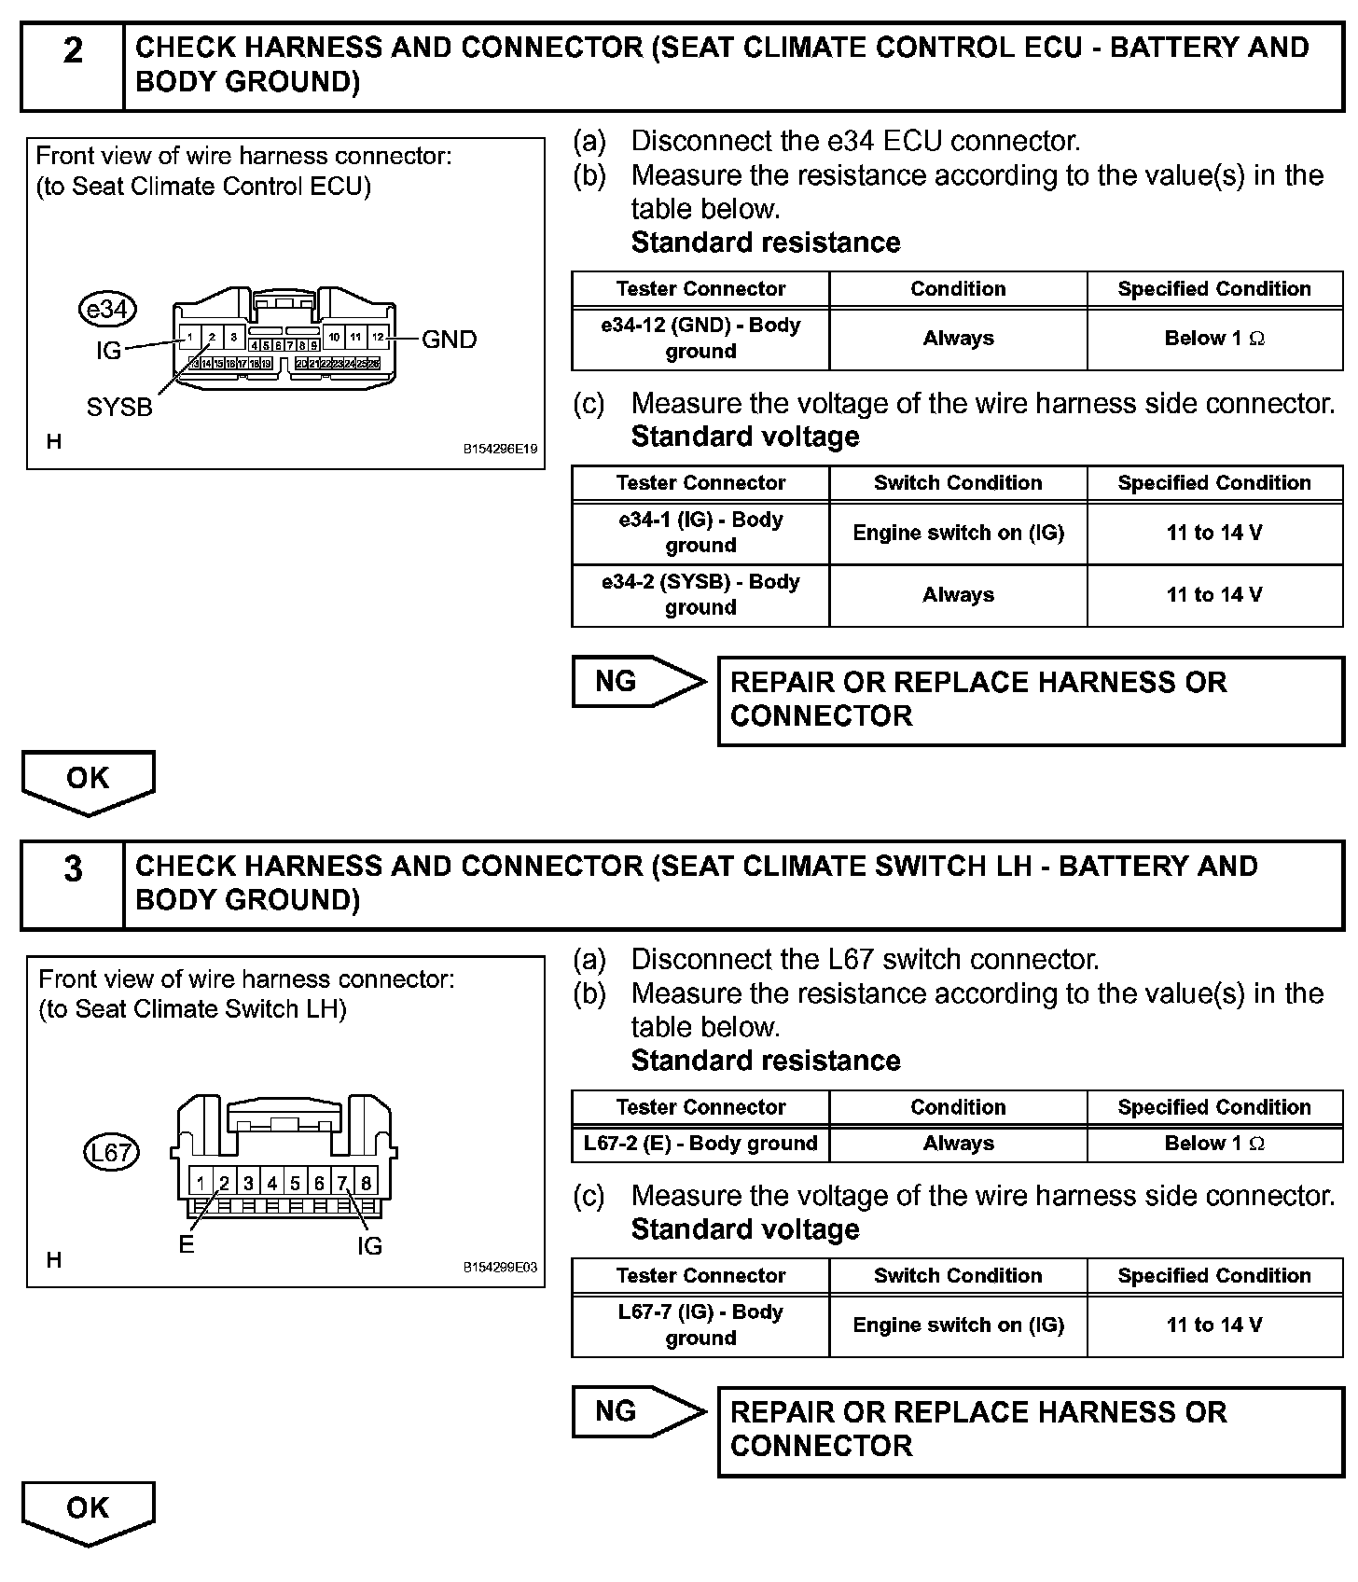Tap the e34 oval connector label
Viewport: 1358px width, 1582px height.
[x=108, y=309]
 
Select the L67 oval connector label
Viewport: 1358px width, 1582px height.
[x=111, y=1153]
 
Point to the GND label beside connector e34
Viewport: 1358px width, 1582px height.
[x=449, y=340]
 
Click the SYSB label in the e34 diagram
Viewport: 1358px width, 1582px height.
[x=119, y=408]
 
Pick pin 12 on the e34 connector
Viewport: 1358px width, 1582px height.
[x=378, y=337]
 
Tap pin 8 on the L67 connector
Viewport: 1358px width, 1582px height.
[x=367, y=1184]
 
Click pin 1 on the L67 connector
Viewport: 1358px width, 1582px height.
[x=201, y=1184]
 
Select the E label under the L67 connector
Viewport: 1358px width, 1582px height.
[x=187, y=1245]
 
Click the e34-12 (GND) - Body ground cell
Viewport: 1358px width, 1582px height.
[x=700, y=339]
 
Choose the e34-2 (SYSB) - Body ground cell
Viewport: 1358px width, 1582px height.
[x=700, y=595]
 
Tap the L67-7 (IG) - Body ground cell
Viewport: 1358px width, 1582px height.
[x=700, y=1325]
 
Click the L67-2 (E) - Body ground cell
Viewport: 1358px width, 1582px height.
[x=700, y=1144]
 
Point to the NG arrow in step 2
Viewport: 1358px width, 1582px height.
[x=637, y=682]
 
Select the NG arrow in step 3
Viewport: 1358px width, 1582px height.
[x=637, y=1411]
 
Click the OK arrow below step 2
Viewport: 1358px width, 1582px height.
[x=88, y=782]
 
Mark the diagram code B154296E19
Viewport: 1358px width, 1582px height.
[x=501, y=449]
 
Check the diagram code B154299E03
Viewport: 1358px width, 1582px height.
[x=501, y=1268]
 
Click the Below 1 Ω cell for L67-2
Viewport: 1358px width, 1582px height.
[x=1214, y=1144]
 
